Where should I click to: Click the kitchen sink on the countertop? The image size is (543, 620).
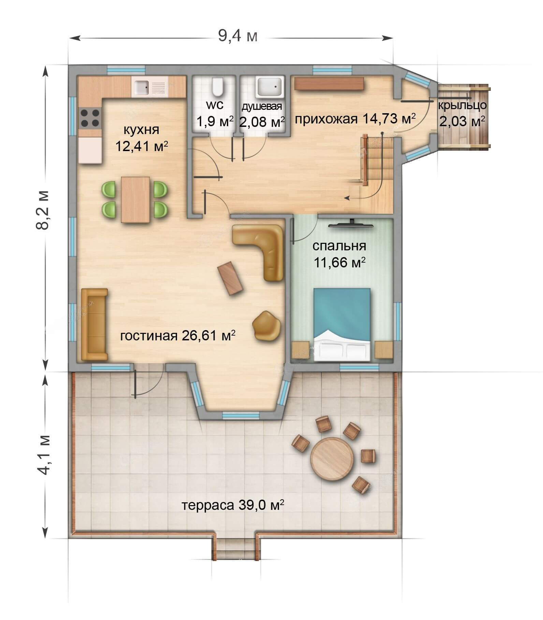tap(150, 87)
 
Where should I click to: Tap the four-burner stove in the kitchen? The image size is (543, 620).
tap(90, 118)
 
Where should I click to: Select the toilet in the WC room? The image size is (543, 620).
tap(217, 87)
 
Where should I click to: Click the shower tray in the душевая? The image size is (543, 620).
tap(269, 86)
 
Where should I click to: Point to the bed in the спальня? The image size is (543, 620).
tap(342, 324)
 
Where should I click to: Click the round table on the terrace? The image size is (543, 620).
tap(328, 459)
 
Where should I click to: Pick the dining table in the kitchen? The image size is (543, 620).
tap(135, 200)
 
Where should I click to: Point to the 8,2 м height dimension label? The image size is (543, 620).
tap(43, 210)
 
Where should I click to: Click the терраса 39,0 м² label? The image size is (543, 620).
tap(233, 505)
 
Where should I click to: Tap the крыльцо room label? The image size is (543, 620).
tap(462, 105)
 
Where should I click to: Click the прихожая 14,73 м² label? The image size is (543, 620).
tap(355, 119)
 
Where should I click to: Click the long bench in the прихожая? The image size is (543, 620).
tap(329, 84)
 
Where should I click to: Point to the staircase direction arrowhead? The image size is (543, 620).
tap(347, 197)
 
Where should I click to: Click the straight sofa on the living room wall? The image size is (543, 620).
tap(94, 324)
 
